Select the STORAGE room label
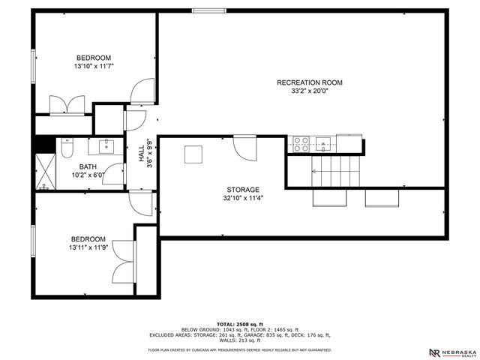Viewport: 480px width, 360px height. [242, 190]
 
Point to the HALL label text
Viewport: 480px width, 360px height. [141, 154]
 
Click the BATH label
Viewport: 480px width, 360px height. [88, 166]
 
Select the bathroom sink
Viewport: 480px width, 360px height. [105, 143]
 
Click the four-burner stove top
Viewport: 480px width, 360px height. [301, 143]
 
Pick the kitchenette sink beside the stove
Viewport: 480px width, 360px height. [324, 143]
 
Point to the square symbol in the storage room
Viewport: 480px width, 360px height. [194, 154]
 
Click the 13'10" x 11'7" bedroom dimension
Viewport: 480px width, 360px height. [93, 67]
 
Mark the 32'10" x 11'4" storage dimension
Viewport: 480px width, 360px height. [242, 199]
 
